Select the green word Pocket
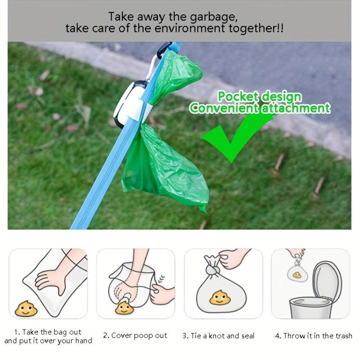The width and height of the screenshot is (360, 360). pos(238,96)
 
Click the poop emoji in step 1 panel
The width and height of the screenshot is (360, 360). pos(26,309)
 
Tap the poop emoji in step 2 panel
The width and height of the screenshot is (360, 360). pos(124,308)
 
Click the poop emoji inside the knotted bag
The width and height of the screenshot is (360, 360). pos(220,297)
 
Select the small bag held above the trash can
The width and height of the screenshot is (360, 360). pos(297,272)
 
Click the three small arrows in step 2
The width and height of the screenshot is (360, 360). pos(162,279)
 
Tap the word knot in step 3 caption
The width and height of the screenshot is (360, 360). pos(217,336)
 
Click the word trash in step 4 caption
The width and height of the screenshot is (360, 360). pos(344,336)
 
